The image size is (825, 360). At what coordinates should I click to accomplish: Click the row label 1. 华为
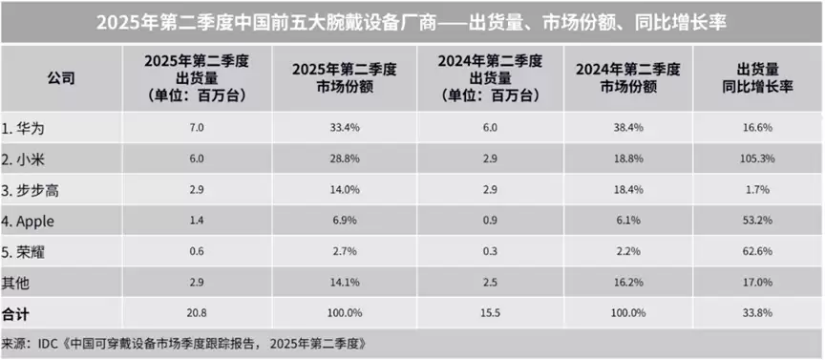click(26, 127)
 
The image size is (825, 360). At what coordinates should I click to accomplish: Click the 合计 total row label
click(16, 312)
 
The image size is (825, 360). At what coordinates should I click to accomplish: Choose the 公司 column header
click(59, 78)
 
